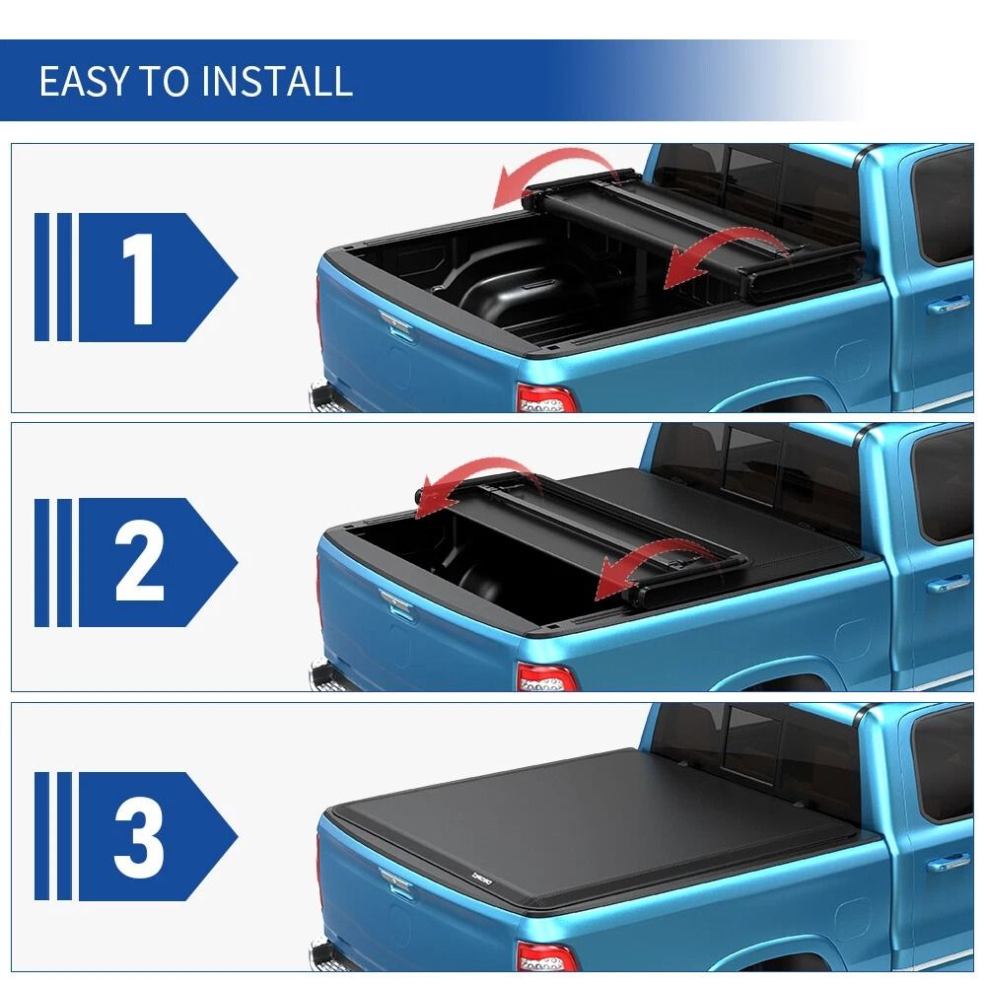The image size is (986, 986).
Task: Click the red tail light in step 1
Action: [545, 398]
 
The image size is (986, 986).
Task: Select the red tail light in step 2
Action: [545, 678]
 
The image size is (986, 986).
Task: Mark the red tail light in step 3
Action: [545, 956]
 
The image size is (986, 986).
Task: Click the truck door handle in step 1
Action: [948, 307]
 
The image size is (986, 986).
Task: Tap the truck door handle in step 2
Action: [948, 585]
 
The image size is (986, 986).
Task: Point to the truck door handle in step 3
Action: [948, 863]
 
